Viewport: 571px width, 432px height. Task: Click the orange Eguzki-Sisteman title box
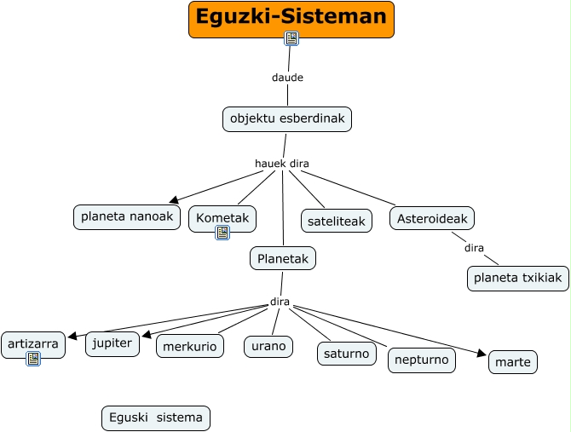[291, 18]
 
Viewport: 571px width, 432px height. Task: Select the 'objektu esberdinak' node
[287, 119]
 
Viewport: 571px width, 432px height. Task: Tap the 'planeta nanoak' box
[127, 217]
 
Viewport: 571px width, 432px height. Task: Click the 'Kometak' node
[222, 219]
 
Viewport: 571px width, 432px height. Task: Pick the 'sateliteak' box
[336, 222]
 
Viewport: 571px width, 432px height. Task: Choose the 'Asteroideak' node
[432, 219]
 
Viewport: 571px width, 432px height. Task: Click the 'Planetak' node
[283, 258]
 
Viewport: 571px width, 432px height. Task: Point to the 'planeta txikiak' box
[518, 279]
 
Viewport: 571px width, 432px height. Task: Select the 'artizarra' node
[33, 344]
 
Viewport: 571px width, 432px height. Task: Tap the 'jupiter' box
[112, 343]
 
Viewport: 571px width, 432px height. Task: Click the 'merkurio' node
[190, 345]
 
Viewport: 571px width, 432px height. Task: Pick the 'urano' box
[268, 346]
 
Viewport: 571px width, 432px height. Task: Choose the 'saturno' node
[346, 353]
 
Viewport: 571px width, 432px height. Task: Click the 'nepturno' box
[422, 360]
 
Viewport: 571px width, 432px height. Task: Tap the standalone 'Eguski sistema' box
[155, 418]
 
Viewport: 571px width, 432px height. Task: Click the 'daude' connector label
[287, 78]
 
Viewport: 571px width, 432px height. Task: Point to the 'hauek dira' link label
[281, 164]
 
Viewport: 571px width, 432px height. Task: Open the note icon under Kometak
[222, 233]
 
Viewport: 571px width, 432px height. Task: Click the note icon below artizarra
[33, 359]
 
